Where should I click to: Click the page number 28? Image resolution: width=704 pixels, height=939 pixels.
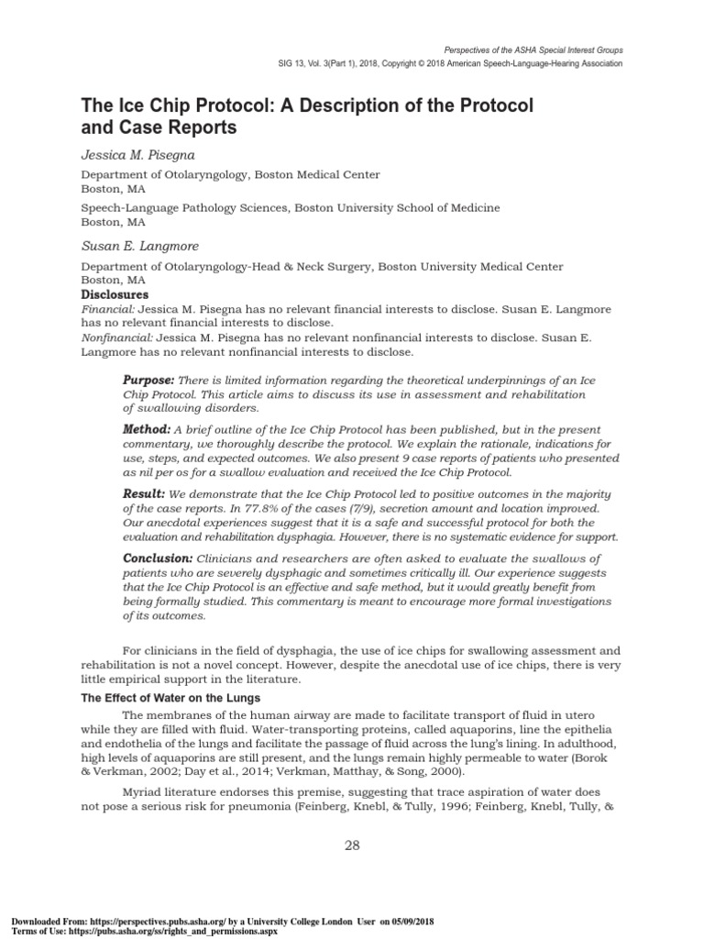(352, 845)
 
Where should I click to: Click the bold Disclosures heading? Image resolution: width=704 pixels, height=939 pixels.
(115, 295)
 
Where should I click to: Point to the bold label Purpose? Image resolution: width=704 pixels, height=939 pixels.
(148, 380)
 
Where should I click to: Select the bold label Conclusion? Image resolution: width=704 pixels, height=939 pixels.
(158, 558)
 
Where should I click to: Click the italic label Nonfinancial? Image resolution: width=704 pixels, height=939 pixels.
(112, 338)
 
